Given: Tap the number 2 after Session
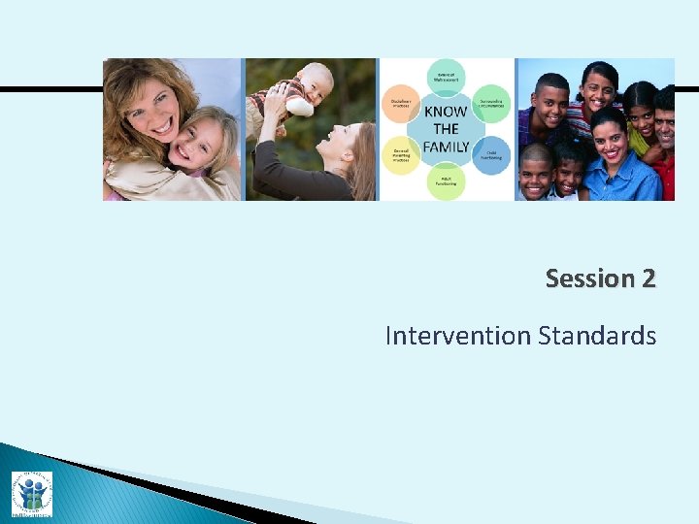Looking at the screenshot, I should click(648, 278).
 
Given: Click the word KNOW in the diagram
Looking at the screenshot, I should click(446, 112).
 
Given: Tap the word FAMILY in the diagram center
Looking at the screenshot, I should click(446, 147).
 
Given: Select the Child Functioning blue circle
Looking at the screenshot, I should click(491, 154).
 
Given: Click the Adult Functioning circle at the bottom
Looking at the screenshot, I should click(446, 180).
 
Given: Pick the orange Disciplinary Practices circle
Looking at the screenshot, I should click(400, 105).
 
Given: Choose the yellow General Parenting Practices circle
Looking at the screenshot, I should click(400, 154).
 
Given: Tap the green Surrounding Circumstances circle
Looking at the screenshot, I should click(491, 105).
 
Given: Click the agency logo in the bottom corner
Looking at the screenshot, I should click(31, 493).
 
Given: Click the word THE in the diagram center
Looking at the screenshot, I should click(446, 129).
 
